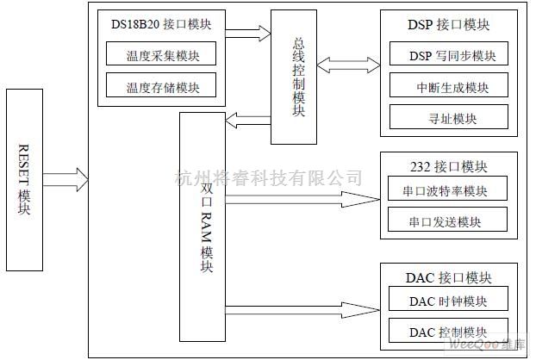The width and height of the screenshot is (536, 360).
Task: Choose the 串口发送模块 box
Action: [x=448, y=220]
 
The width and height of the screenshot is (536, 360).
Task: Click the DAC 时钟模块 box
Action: [x=448, y=301]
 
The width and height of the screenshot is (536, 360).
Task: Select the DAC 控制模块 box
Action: [x=448, y=331]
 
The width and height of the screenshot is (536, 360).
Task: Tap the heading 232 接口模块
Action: [x=447, y=166]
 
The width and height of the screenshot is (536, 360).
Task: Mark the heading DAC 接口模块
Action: [x=447, y=277]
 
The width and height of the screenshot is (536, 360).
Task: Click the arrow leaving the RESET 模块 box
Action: [x=65, y=179]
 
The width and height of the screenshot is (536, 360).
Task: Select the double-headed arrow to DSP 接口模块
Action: [x=347, y=65]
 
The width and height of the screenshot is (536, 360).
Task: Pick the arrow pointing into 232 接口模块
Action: [x=302, y=201]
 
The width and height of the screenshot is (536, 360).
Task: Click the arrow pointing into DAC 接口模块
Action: [x=302, y=307]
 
